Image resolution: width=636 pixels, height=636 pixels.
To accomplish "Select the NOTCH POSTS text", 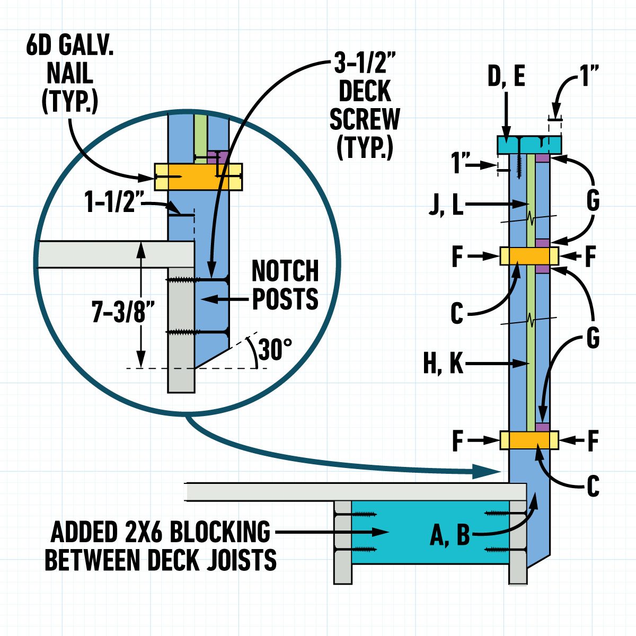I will coord(285,285).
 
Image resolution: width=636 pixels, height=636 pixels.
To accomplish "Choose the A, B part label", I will coord(449,535).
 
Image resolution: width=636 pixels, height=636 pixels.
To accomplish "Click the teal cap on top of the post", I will coord(528,144).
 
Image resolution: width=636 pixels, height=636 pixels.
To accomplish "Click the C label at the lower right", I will coord(592,485).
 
